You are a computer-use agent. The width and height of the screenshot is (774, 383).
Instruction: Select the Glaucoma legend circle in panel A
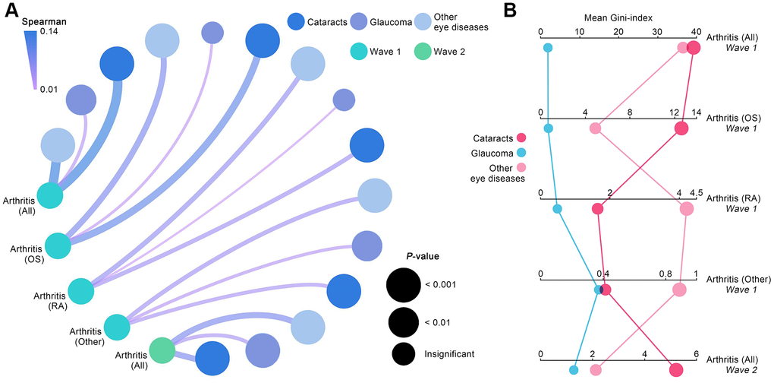point(358,22)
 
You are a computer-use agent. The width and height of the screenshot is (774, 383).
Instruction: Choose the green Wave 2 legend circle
point(423,52)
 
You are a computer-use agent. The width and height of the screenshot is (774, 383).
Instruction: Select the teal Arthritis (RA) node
point(81,291)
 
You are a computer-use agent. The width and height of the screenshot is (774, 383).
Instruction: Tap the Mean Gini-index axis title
point(619,17)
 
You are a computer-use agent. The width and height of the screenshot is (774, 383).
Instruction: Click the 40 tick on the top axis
point(695,32)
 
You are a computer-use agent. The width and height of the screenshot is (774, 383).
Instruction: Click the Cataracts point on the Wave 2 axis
point(676,369)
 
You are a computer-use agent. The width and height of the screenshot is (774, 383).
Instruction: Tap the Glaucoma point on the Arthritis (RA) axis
point(557,209)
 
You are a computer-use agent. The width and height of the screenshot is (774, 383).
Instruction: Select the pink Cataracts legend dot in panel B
point(521,138)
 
